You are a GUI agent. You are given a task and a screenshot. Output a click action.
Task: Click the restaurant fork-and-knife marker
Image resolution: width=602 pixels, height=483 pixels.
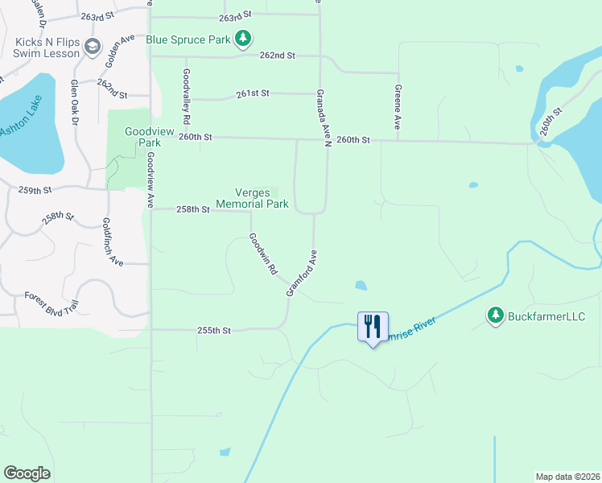(x=373, y=326)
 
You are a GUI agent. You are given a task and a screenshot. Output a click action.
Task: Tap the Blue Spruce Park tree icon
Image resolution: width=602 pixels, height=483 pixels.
(x=243, y=38)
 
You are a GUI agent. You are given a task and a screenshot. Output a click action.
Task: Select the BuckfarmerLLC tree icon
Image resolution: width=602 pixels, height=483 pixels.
(x=496, y=316)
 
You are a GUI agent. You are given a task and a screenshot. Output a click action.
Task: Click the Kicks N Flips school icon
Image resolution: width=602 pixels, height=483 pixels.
(x=92, y=47)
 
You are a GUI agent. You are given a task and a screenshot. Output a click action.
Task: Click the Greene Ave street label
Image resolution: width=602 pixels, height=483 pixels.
(x=397, y=107)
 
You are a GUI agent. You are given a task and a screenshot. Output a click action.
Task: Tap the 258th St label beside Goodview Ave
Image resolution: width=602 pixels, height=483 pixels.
(x=193, y=209)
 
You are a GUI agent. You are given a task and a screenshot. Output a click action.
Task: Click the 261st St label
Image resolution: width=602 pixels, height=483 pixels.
(x=253, y=94)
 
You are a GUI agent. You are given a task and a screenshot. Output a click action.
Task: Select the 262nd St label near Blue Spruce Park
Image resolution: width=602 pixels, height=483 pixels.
(x=278, y=56)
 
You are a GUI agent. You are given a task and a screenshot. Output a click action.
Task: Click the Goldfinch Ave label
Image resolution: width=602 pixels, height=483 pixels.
(x=112, y=242)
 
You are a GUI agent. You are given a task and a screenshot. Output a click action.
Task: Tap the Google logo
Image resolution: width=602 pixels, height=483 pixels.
(x=27, y=473)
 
